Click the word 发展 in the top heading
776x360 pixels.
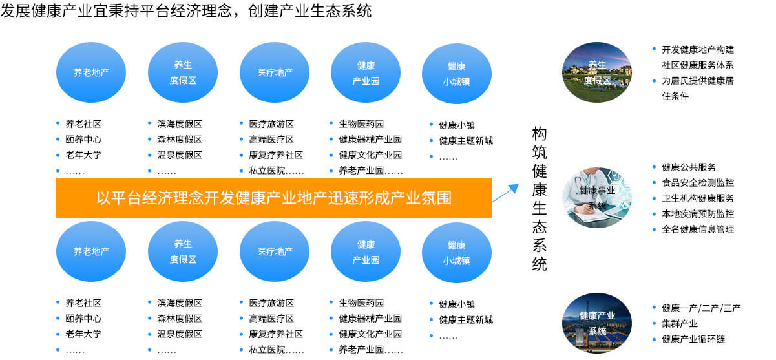click(16, 10)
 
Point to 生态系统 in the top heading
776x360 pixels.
click(341, 10)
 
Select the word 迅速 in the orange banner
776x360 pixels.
click(343, 198)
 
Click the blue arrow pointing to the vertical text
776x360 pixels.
click(505, 193)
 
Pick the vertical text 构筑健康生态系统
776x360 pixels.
click(540, 198)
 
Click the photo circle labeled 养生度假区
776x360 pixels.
click(596, 72)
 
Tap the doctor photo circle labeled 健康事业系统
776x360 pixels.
click(596, 198)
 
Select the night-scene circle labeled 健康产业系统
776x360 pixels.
click(596, 323)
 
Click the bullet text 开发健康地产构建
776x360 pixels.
click(698, 50)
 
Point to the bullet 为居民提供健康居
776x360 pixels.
click(698, 81)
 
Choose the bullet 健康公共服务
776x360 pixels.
click(689, 167)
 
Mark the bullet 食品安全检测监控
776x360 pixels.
click(698, 183)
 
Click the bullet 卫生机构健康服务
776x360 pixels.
click(698, 198)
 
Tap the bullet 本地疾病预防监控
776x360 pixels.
click(698, 214)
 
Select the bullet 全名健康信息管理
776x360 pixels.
click(698, 229)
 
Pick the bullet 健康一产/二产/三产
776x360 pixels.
click(701, 308)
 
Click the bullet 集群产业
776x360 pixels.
click(680, 324)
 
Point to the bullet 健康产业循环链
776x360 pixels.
click(693, 339)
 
